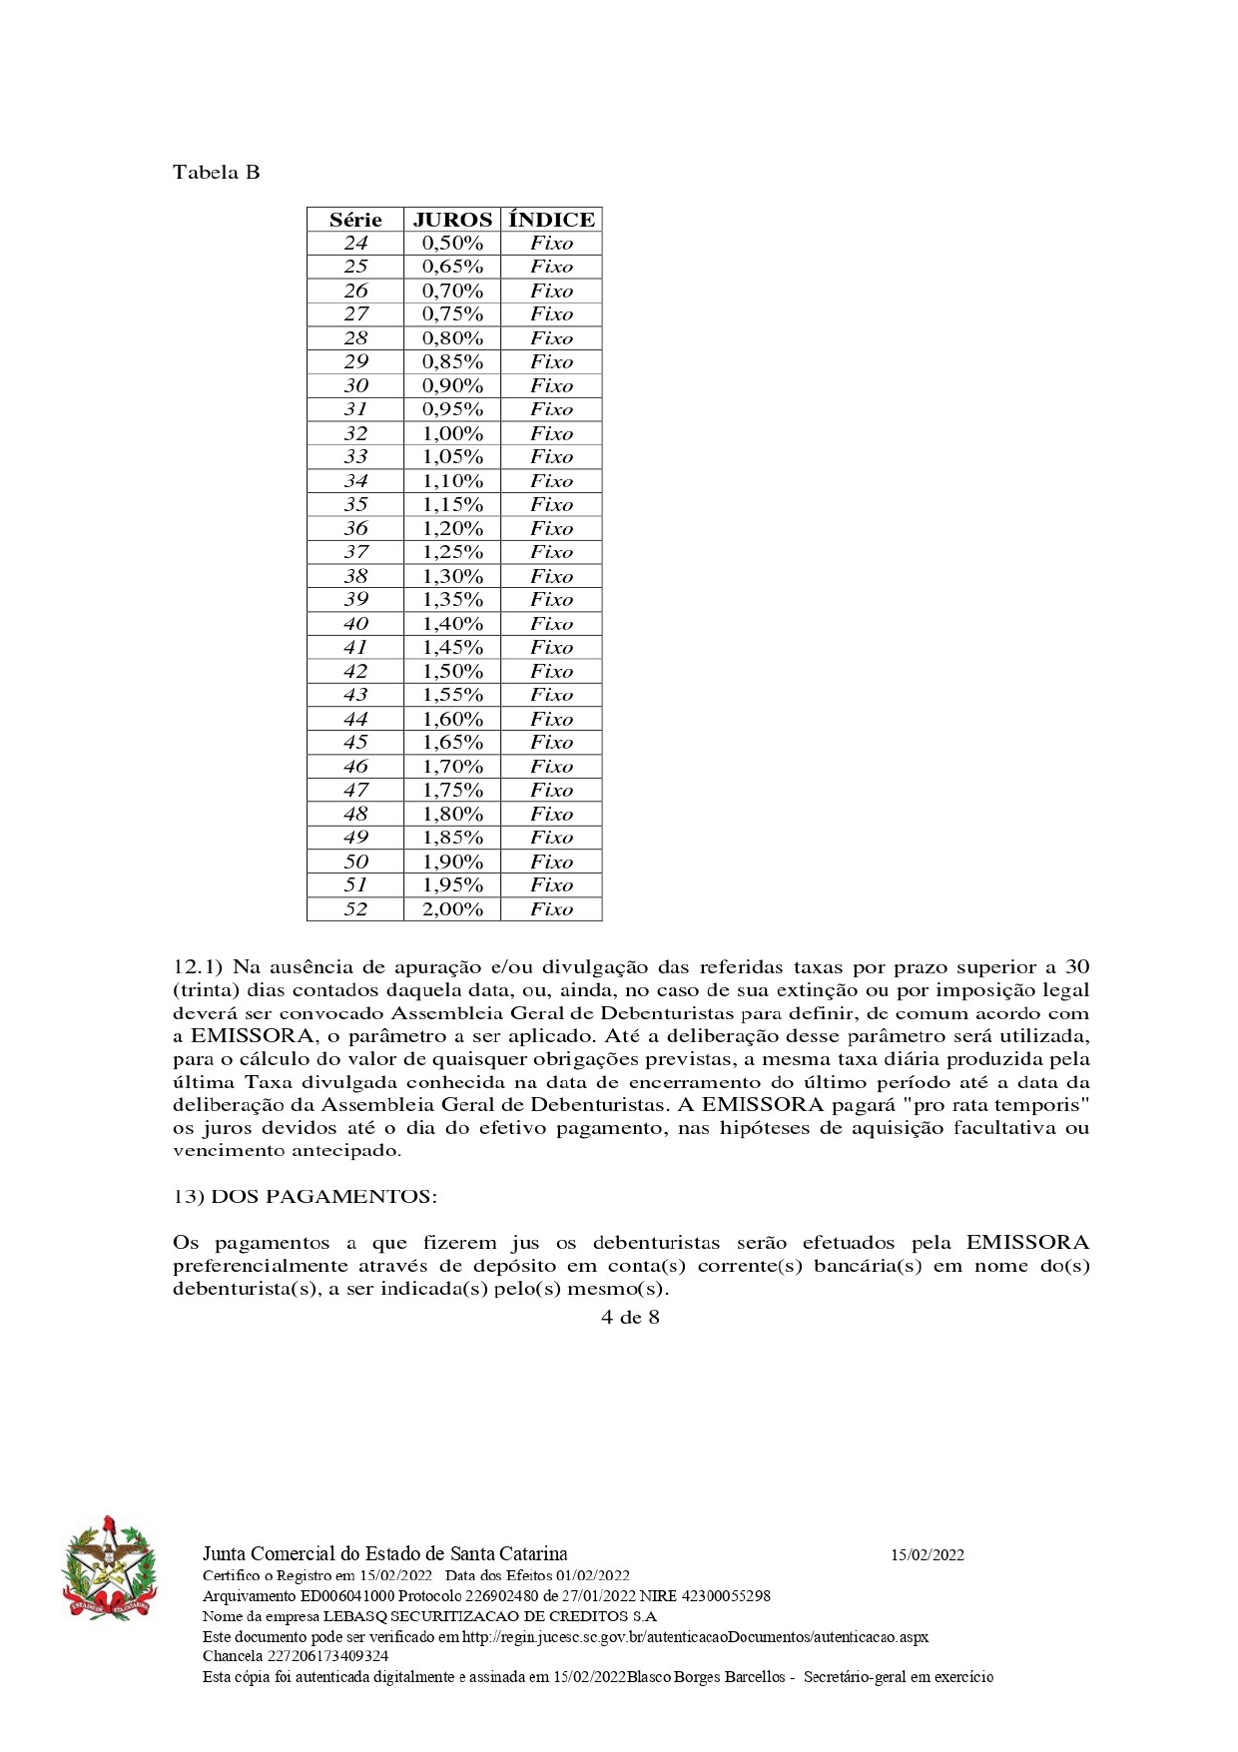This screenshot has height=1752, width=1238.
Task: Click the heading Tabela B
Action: pyautogui.click(x=216, y=172)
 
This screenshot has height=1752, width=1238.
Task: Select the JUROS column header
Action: pyautogui.click(x=452, y=220)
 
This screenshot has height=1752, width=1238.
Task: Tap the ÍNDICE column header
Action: pyautogui.click(x=551, y=220)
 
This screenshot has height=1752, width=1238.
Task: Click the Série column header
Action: pyautogui.click(x=355, y=220)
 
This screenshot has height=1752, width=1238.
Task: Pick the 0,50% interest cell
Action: pyautogui.click(x=452, y=244)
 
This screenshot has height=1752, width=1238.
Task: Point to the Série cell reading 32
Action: pyautogui.click(x=355, y=433)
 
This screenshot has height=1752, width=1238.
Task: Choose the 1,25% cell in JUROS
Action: pyautogui.click(x=452, y=552)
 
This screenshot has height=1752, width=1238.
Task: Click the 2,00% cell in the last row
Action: pyautogui.click(x=452, y=909)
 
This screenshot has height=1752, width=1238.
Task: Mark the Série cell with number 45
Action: pyautogui.click(x=355, y=743)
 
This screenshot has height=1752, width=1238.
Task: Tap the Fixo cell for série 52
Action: pyautogui.click(x=551, y=909)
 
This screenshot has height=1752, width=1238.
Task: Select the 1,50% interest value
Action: pyautogui.click(x=452, y=671)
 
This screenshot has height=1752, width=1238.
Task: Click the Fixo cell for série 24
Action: pyautogui.click(x=551, y=244)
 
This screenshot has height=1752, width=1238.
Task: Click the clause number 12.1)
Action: pyautogui.click(x=200, y=966)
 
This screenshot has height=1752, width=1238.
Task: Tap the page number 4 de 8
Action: pyautogui.click(x=630, y=1317)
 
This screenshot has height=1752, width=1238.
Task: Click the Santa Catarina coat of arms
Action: pyautogui.click(x=110, y=1568)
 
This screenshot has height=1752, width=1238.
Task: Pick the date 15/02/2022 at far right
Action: pyautogui.click(x=928, y=1554)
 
